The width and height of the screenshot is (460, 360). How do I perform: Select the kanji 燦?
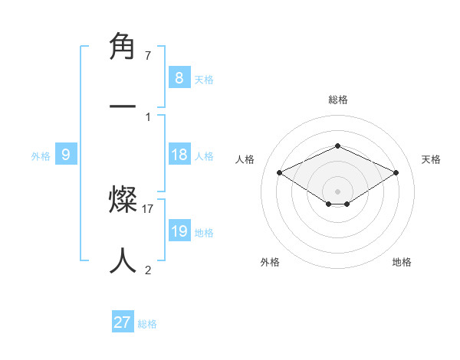click(x=123, y=201)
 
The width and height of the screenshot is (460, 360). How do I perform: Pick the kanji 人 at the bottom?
click(x=123, y=260)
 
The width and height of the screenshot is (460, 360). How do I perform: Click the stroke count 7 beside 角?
click(x=148, y=56)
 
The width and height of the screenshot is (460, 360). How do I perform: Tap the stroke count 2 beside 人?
click(x=148, y=269)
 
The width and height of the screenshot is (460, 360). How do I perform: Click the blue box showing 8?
click(x=179, y=77)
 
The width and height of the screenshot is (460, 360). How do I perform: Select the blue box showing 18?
click(x=179, y=155)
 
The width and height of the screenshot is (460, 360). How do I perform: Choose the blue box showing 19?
click(x=179, y=231)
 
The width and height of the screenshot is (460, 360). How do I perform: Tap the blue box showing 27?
click(x=123, y=322)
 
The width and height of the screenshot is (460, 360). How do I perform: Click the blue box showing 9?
click(x=66, y=155)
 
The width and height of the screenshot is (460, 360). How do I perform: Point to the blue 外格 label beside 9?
click(x=41, y=155)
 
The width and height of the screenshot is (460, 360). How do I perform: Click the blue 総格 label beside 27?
click(x=147, y=324)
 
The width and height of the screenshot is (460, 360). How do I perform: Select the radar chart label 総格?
click(x=337, y=100)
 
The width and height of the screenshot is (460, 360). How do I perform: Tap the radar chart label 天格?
click(x=431, y=159)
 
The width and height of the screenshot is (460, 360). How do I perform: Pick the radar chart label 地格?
click(x=402, y=262)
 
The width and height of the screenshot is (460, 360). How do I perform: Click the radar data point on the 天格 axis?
click(x=396, y=172)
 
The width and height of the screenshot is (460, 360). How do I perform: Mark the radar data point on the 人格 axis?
click(x=279, y=172)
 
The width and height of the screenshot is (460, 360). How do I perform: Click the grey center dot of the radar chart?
click(x=337, y=191)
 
